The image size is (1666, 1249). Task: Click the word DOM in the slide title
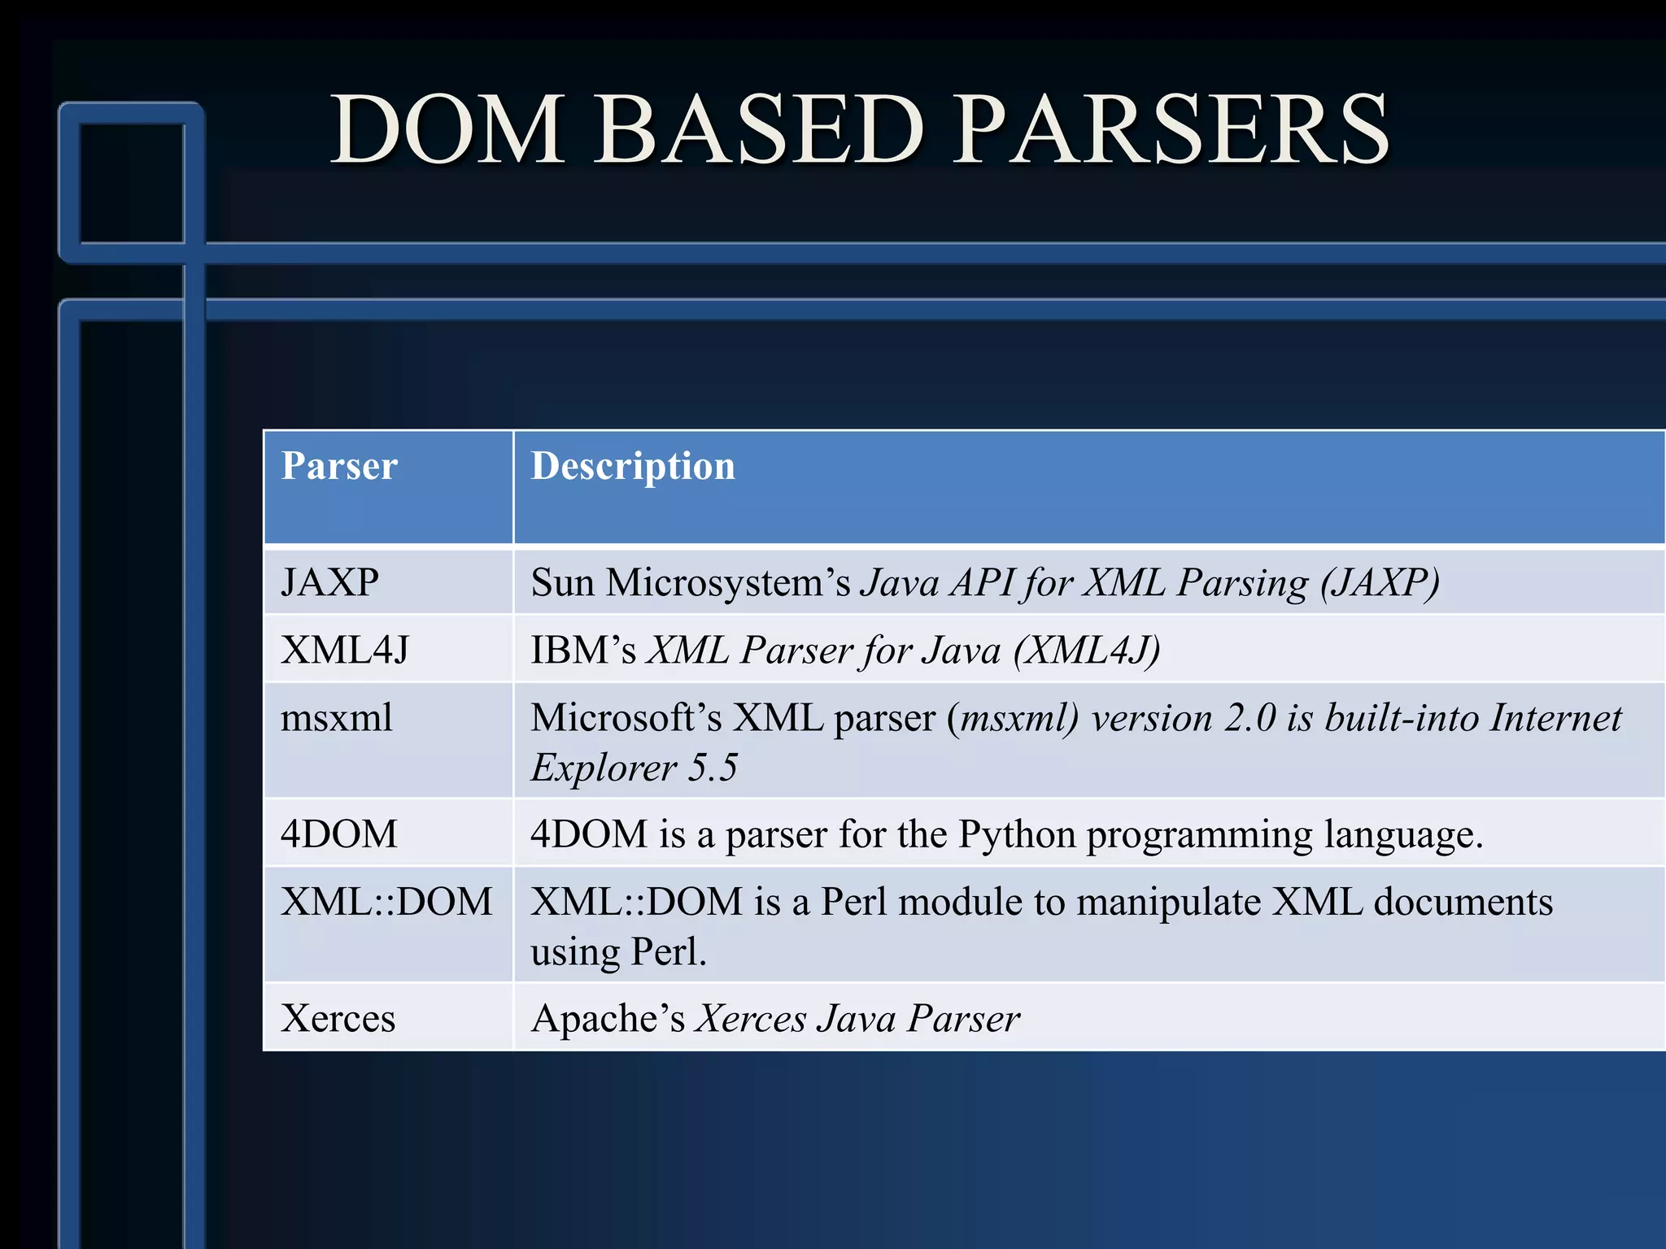[447, 130]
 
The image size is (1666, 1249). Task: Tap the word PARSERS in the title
[1171, 130]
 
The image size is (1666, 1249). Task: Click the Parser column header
[339, 467]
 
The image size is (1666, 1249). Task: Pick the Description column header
[633, 467]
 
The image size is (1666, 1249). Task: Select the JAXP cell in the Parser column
[329, 583]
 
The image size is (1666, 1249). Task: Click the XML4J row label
[345, 651]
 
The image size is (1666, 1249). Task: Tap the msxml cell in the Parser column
[336, 718]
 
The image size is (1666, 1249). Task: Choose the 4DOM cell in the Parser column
[339, 834]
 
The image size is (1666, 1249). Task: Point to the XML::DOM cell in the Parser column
[386, 902]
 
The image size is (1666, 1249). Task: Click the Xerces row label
[338, 1018]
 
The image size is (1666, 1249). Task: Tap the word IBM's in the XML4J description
[583, 651]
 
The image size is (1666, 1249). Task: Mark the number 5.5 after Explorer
[713, 768]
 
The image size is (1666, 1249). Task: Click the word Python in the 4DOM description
[1017, 834]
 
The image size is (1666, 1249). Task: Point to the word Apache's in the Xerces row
[608, 1018]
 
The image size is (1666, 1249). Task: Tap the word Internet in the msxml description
[1556, 718]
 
